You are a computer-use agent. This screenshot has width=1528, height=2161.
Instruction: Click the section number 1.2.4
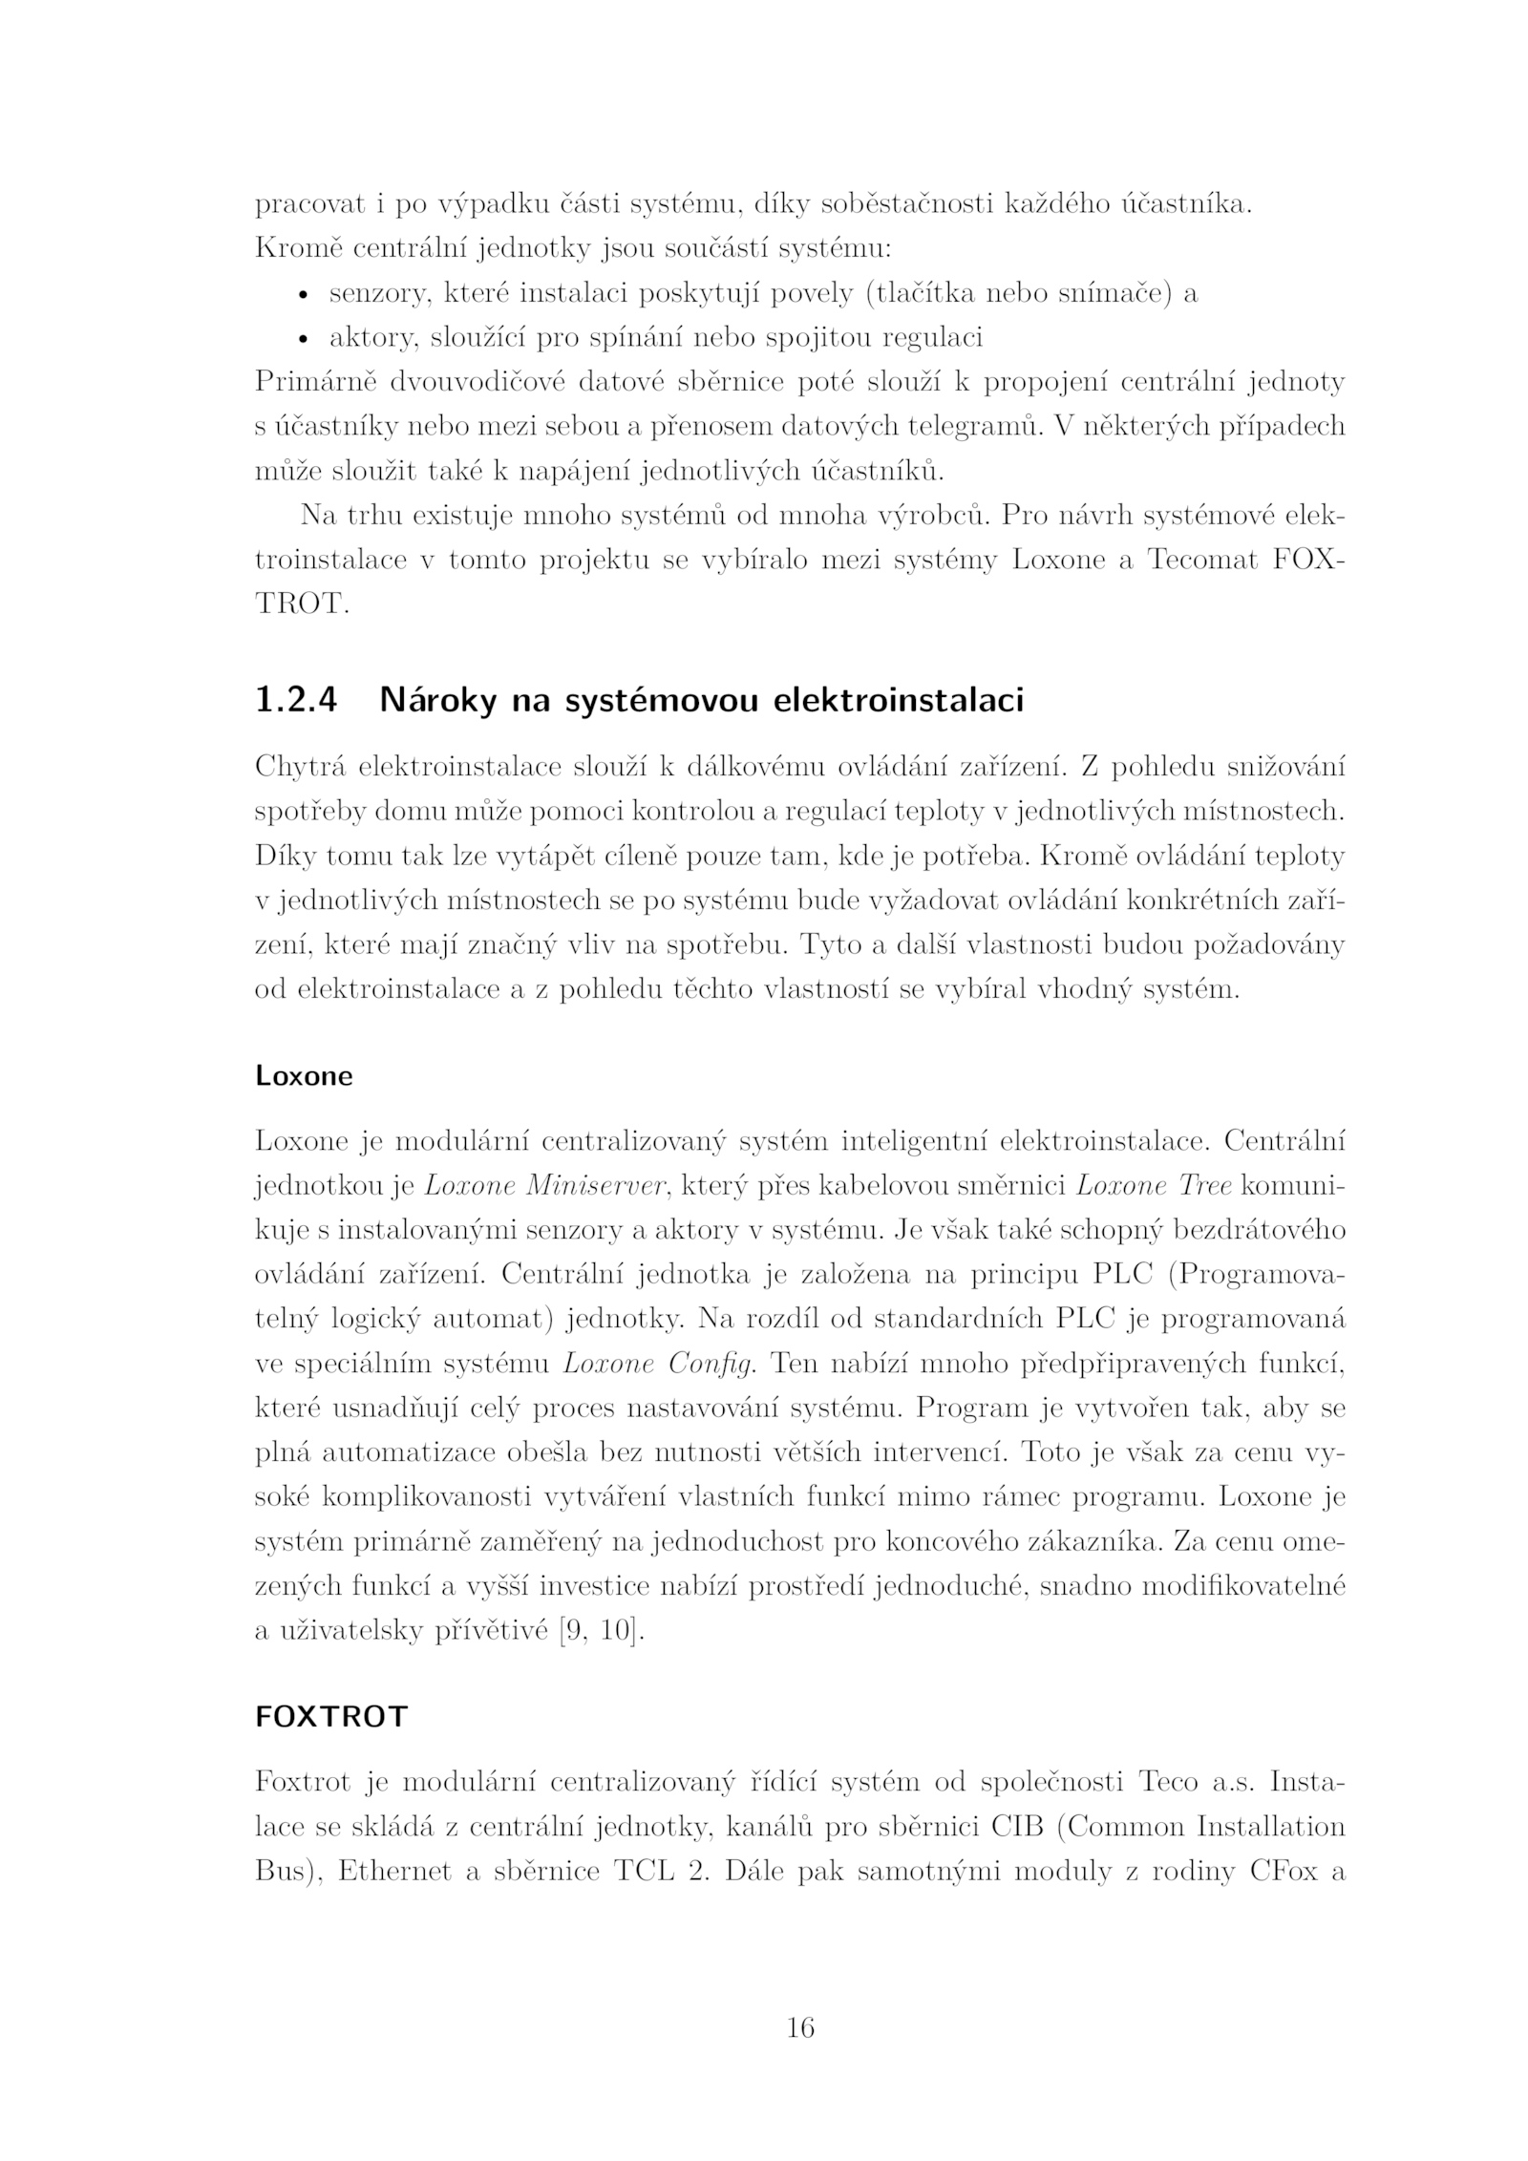[296, 701]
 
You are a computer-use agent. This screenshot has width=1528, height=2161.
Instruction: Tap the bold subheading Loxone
[304, 1076]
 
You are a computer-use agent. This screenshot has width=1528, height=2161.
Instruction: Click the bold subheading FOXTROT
[331, 1717]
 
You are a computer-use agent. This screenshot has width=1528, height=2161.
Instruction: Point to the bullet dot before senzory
[304, 296]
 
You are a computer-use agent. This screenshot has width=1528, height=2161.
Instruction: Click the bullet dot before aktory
[304, 340]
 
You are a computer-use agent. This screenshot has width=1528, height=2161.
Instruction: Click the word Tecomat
[1202, 561]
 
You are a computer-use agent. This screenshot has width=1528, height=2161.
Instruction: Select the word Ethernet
[394, 1872]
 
